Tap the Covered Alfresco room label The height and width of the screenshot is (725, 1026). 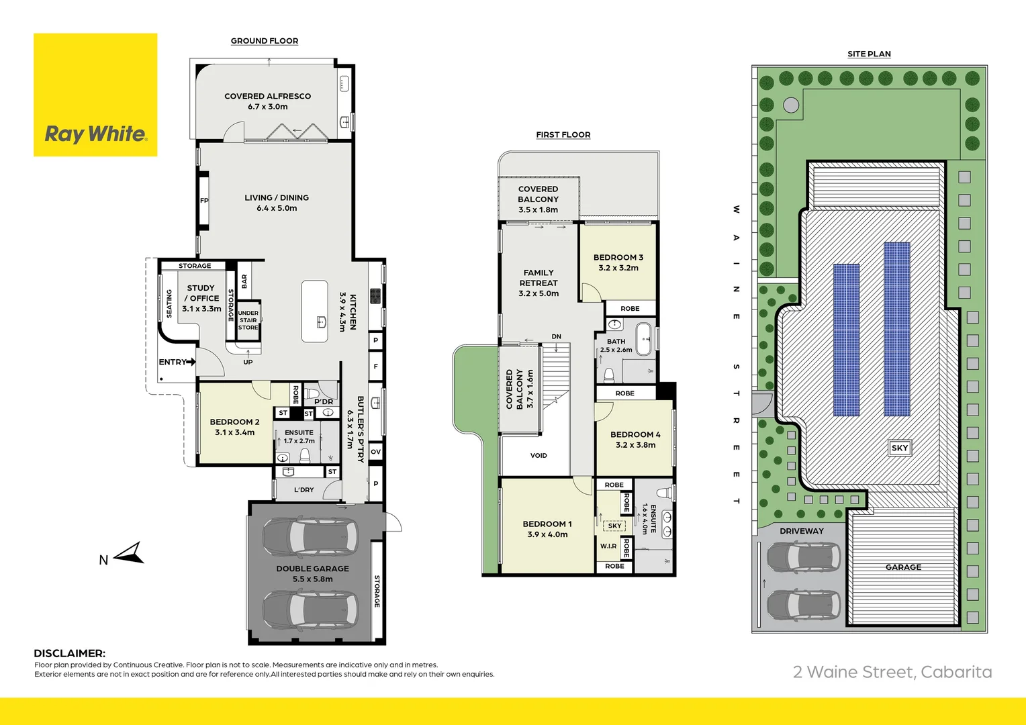tap(267, 101)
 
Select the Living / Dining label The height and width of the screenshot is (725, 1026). tap(277, 203)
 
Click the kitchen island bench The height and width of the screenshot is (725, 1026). tap(314, 311)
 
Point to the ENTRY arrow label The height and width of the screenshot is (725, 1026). tap(177, 362)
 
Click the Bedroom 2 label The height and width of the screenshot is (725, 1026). tap(234, 427)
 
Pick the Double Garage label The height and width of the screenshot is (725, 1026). tap(312, 573)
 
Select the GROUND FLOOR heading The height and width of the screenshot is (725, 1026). tap(265, 41)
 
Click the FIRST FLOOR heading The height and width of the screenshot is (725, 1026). tap(563, 135)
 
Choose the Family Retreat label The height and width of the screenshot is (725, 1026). tap(539, 283)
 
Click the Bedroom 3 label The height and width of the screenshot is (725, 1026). tap(618, 262)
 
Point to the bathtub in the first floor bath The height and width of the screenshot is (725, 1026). tap(643, 338)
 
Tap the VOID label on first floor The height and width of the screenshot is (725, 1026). tap(539, 455)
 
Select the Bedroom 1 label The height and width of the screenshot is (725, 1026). tap(547, 529)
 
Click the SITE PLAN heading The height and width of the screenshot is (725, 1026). tap(869, 54)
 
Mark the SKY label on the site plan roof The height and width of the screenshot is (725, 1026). tap(899, 448)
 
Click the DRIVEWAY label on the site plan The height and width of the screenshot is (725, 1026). tap(801, 531)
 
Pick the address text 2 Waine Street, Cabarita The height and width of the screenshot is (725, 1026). tap(892, 672)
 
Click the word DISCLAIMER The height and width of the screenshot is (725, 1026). tap(69, 653)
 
